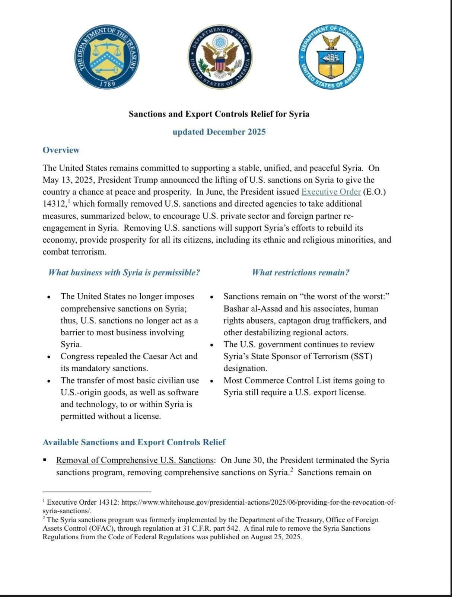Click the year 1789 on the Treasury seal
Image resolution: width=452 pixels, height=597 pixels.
[108, 84]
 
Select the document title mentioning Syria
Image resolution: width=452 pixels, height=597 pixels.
[219, 114]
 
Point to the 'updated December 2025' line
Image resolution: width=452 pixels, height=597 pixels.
[219, 132]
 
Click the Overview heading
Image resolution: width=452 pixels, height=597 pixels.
[61, 150]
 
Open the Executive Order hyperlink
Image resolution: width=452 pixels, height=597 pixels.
[331, 192]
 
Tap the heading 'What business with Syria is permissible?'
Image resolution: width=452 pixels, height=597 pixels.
[124, 272]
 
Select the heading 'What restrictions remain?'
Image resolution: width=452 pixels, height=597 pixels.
[300, 272]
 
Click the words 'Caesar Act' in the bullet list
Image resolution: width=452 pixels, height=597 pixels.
[163, 356]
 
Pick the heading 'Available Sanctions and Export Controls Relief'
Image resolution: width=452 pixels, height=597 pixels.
[134, 442]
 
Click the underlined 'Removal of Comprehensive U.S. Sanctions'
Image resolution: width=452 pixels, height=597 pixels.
[135, 460]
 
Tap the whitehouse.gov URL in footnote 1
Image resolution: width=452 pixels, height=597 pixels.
[258, 502]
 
